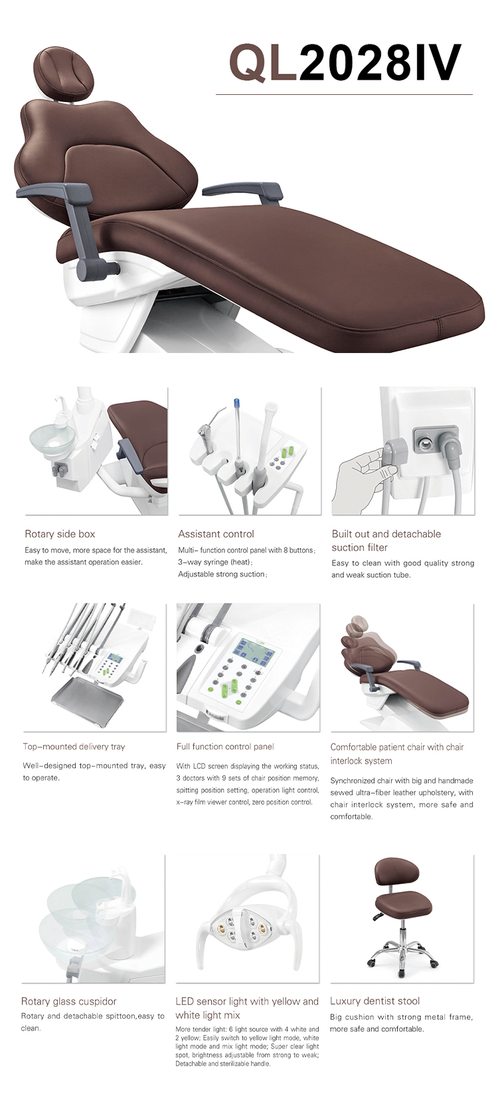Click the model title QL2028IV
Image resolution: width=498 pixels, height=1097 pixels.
345,62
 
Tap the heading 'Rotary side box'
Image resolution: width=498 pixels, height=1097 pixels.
60,534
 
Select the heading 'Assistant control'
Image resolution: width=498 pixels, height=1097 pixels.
216,534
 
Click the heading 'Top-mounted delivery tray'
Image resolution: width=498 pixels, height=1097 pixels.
74,747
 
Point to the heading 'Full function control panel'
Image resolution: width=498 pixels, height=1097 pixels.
225,747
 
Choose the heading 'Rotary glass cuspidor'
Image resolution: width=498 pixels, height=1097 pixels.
68,1001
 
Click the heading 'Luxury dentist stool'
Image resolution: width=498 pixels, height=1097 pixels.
374,1001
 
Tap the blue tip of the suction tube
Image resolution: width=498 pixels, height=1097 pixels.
237,404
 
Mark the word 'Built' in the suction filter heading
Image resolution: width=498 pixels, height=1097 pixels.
342,534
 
